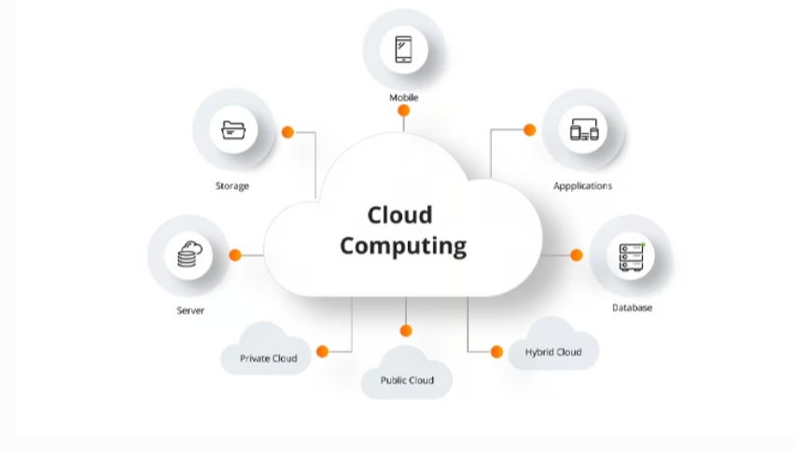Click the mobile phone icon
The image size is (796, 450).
(403, 48)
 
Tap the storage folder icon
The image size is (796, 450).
(232, 130)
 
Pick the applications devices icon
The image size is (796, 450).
(583, 130)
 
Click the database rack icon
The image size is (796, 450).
(631, 255)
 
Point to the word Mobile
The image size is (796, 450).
(404, 98)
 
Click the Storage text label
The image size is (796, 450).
(232, 185)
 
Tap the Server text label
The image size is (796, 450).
(190, 310)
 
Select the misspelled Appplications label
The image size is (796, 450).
(582, 185)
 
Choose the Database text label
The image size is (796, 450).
(632, 307)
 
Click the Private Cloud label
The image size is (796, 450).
(268, 358)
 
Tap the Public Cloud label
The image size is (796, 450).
(407, 380)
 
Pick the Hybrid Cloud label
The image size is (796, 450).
(553, 352)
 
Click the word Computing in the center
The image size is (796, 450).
(402, 246)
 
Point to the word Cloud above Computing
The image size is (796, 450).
(399, 215)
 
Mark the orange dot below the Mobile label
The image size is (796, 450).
(404, 111)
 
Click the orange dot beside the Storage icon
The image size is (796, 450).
(287, 132)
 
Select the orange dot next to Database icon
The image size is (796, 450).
(577, 255)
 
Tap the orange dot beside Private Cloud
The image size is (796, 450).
(322, 351)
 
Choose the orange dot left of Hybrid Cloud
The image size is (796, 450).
(496, 351)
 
